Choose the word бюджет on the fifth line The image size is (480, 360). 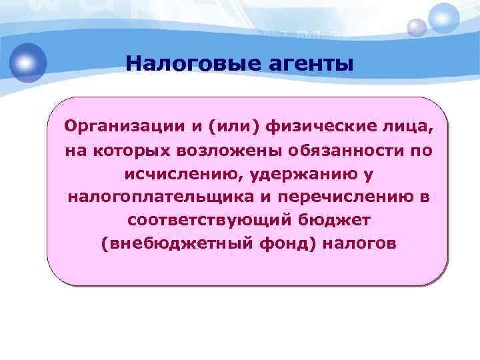click(x=325, y=220)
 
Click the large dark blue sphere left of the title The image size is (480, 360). click(x=28, y=62)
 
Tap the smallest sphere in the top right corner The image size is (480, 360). click(x=417, y=27)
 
